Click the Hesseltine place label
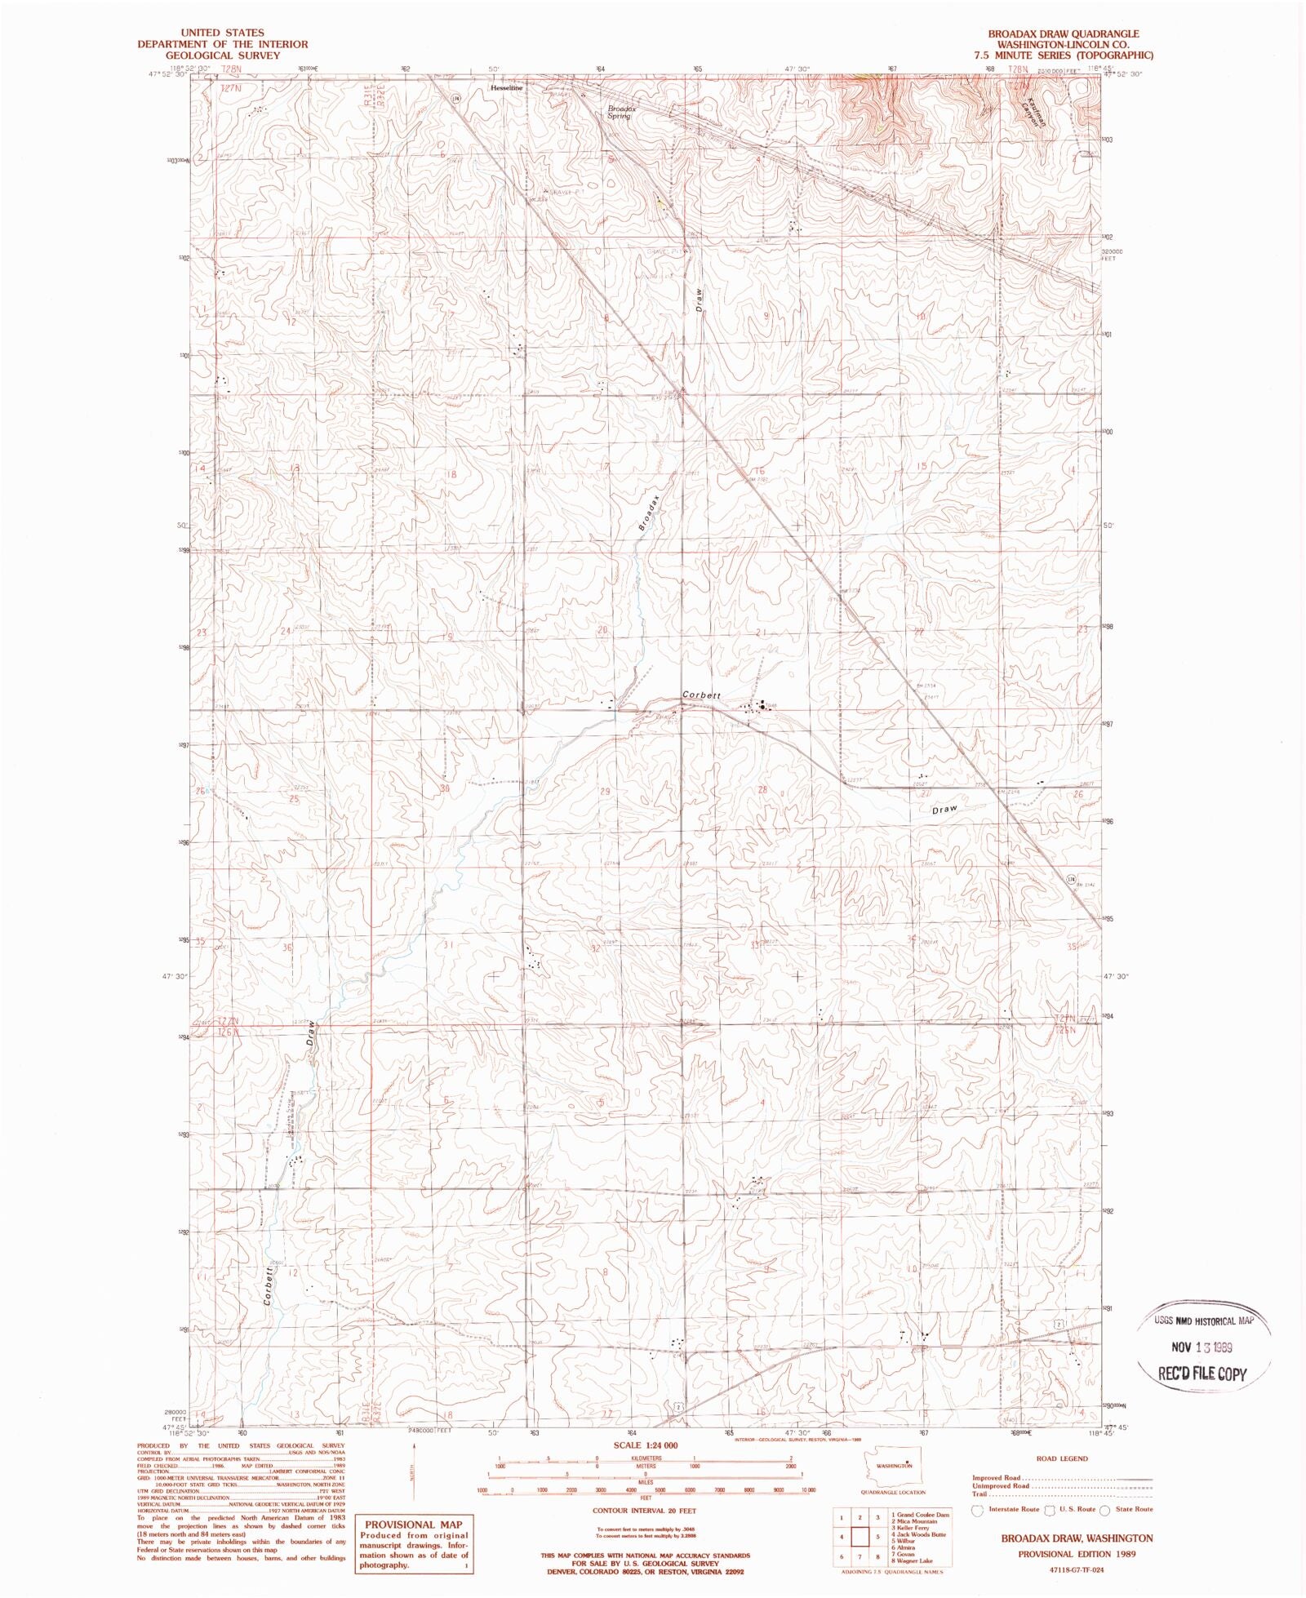tap(505, 87)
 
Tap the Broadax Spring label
tap(620, 112)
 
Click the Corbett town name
tap(702, 695)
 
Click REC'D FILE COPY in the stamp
tap(1203, 1373)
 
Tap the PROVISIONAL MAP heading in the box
tap(413, 1524)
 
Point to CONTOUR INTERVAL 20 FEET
tap(644, 1511)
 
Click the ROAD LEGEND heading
tap(1062, 1458)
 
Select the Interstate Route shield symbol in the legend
tap(977, 1510)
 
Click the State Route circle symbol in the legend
tap(1104, 1510)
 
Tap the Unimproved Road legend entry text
tap(1000, 1485)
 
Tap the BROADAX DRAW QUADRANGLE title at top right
tap(1064, 33)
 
